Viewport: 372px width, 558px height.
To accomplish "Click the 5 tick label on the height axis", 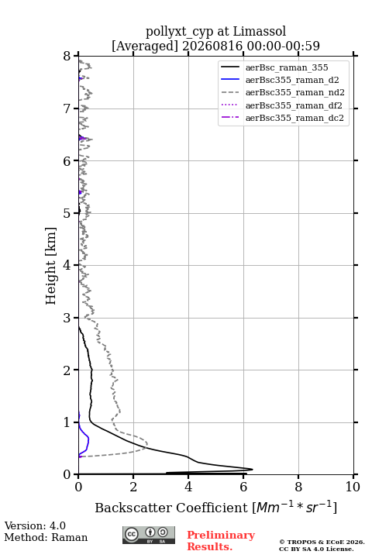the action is [67, 213].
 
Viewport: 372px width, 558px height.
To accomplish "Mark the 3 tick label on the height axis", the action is [67, 318].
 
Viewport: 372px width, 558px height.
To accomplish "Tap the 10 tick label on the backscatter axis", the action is [353, 487].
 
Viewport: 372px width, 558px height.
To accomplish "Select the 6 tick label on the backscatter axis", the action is [243, 487].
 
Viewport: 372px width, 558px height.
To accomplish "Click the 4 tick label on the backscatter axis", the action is [188, 487].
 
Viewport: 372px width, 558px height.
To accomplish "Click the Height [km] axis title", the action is [50, 266].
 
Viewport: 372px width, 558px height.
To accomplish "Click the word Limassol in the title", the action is [260, 32].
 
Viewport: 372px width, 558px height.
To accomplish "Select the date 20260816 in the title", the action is [212, 46].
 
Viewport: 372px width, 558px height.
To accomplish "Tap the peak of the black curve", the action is [253, 469].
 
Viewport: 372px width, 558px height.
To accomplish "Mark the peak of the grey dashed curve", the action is [147, 445].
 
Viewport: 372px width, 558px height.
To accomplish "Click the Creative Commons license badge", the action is [149, 536].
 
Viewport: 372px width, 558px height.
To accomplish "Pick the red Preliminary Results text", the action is [221, 541].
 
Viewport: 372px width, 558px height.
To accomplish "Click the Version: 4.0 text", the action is [35, 525].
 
